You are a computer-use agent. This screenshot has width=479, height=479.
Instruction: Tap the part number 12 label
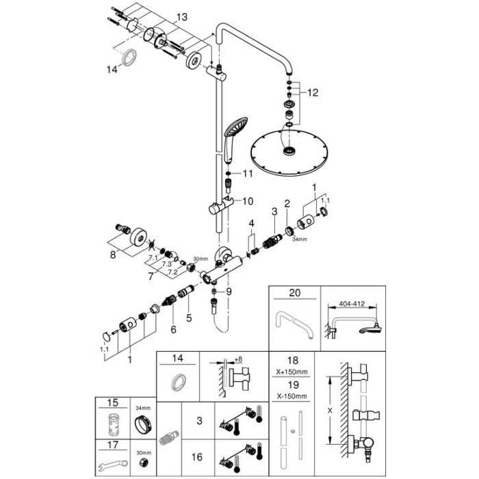(313, 92)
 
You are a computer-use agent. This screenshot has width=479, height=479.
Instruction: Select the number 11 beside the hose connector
(247, 174)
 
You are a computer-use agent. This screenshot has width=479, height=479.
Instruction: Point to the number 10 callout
(247, 201)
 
